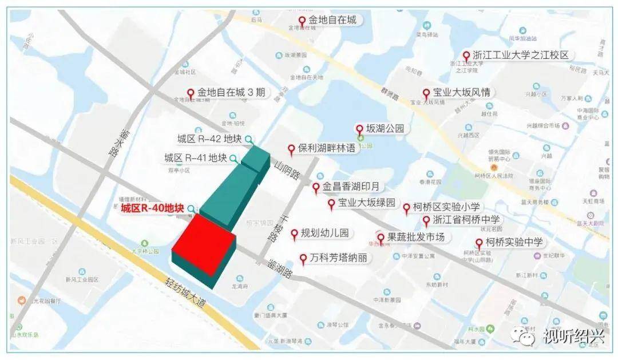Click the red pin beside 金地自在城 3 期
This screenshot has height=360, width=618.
pyautogui.click(x=191, y=93)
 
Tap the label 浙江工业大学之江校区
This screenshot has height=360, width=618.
pyautogui.click(x=521, y=56)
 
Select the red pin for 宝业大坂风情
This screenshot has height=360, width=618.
pyautogui.click(x=426, y=93)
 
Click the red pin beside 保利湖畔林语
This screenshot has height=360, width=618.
pyautogui.click(x=291, y=149)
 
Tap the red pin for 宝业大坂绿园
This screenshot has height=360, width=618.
pyautogui.click(x=331, y=204)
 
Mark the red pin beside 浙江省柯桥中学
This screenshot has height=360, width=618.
pyautogui.click(x=426, y=221)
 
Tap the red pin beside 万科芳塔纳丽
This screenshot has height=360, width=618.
pyautogui.click(x=303, y=259)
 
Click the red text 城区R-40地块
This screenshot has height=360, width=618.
pyautogui.click(x=152, y=208)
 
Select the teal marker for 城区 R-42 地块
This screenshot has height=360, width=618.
pyautogui.click(x=248, y=139)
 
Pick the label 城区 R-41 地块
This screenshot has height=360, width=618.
pyautogui.click(x=196, y=157)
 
